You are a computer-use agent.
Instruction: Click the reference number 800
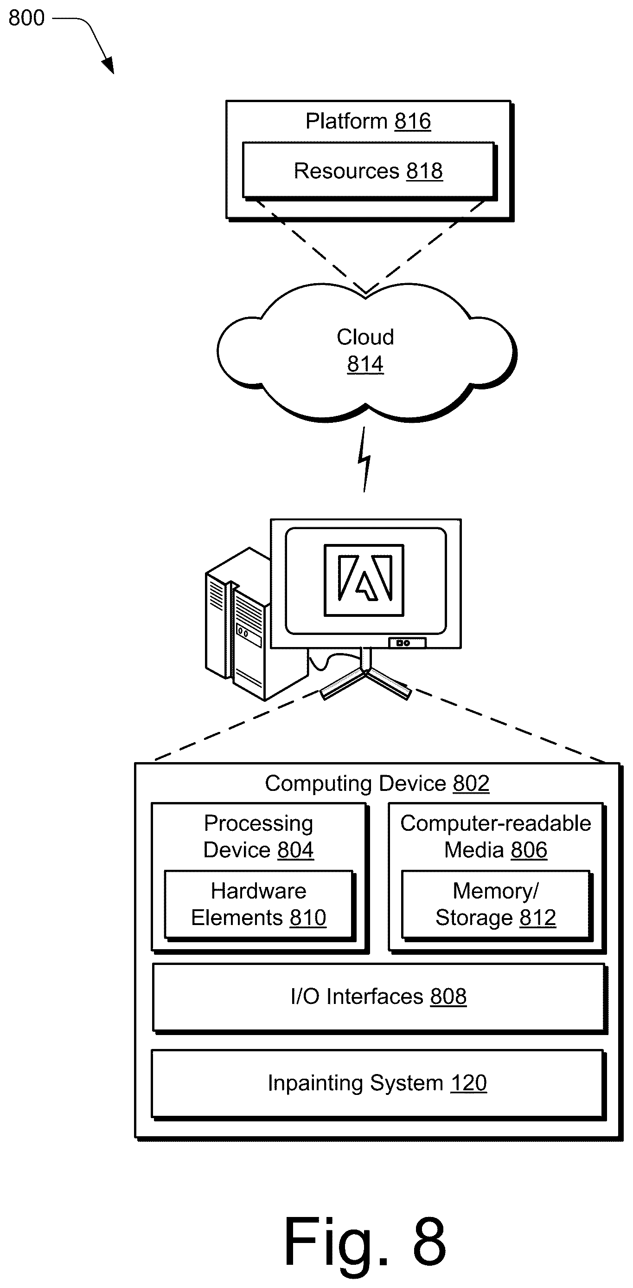(26, 18)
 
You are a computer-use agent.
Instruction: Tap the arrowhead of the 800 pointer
(109, 65)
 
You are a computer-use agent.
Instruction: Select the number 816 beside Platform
(413, 121)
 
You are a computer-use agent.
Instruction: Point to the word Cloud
(365, 337)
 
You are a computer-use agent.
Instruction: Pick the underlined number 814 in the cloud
(365, 364)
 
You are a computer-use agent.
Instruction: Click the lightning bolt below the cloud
(364, 459)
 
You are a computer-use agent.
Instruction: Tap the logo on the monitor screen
(364, 580)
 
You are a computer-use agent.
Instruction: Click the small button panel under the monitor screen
(408, 642)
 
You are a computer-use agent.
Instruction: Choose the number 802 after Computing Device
(471, 783)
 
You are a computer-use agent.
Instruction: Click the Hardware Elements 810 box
(259, 905)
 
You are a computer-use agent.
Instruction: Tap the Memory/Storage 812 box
(496, 905)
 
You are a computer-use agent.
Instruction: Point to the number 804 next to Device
(296, 850)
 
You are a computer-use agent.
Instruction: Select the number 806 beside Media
(529, 850)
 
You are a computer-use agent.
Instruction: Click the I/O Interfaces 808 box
(379, 998)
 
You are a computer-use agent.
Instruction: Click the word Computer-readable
(496, 823)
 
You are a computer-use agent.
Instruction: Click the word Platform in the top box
(347, 121)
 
